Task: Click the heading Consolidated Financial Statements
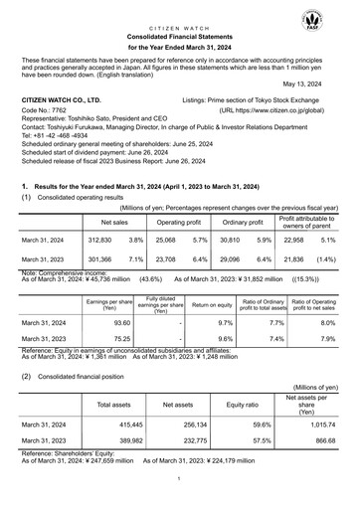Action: (x=180, y=34)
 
